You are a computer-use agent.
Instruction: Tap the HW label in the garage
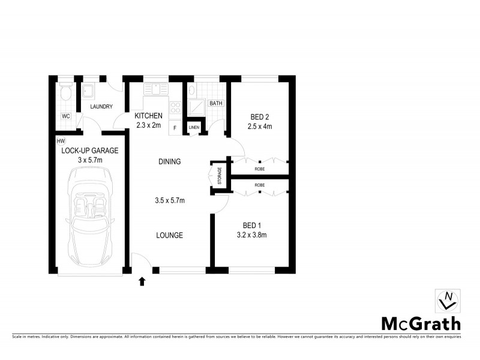[60, 141]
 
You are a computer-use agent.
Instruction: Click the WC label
[65, 116]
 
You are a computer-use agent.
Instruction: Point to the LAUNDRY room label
[101, 107]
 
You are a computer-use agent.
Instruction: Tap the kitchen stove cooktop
[176, 109]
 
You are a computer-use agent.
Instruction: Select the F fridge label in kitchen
[175, 127]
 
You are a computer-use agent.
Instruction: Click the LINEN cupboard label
[194, 127]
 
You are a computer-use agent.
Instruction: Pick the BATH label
[215, 104]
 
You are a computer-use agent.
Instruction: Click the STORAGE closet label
[220, 176]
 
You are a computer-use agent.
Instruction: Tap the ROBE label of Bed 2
[260, 169]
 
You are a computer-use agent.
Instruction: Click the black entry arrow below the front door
[142, 280]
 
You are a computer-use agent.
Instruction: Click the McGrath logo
[421, 323]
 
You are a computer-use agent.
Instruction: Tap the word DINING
[170, 161]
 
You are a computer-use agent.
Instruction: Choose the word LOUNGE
[170, 235]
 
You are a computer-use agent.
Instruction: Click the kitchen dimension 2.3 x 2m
[148, 125]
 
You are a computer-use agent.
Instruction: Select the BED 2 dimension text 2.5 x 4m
[260, 127]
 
